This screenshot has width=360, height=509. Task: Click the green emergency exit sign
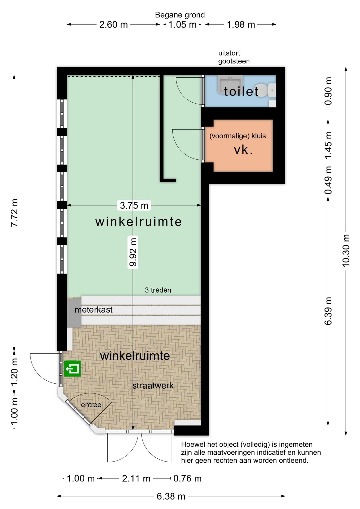pos(72,368)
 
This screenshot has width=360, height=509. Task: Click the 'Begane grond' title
pos(180,15)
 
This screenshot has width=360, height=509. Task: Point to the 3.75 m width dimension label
pos(134,205)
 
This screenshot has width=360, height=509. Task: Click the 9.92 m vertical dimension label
pos(133,252)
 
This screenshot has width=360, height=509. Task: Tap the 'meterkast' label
pos(94,310)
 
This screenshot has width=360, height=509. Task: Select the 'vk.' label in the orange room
pos(243,150)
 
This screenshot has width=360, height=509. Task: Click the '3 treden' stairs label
pos(158,290)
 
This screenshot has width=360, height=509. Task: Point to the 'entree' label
pos(91,405)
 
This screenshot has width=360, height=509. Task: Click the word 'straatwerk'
pos(153,385)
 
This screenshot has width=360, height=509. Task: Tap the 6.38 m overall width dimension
pos(171,496)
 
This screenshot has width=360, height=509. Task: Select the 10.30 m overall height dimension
pos(346,251)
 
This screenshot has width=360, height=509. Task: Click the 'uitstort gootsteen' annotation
pos(234,57)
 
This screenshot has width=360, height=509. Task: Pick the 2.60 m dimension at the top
pos(113,24)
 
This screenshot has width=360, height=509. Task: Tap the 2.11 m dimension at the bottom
pos(136,478)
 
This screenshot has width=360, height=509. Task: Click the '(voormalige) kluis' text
pos(238,136)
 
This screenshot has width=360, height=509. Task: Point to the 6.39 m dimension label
pos(328,311)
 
